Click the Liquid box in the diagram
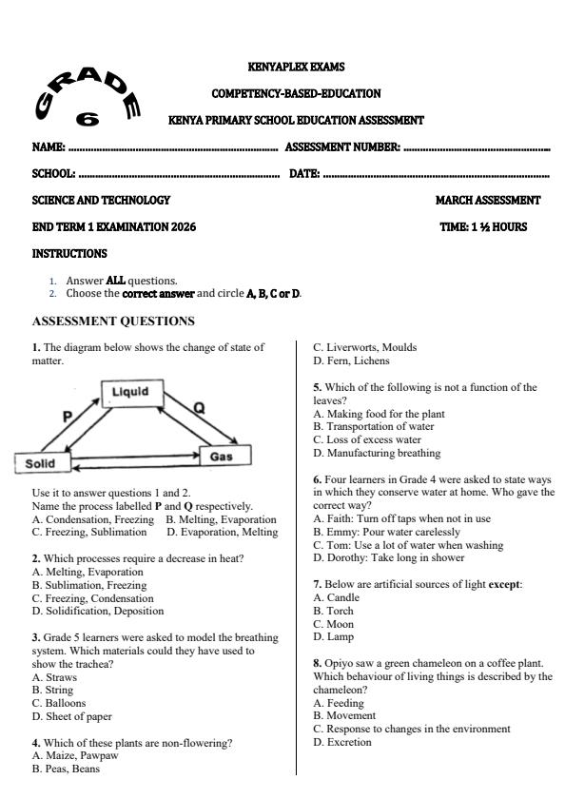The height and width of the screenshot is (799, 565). click(x=130, y=392)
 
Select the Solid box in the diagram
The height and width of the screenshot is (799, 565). click(x=39, y=463)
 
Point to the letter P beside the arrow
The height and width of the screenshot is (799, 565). click(x=68, y=416)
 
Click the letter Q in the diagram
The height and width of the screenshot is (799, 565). click(x=199, y=408)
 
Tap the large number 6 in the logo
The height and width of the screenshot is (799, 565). click(x=88, y=119)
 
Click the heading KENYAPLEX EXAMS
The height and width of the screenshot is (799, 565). click(x=296, y=68)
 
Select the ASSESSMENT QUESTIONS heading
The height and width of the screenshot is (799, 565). click(x=113, y=322)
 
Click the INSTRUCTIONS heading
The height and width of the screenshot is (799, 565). click(x=69, y=254)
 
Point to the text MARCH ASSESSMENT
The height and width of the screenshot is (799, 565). click(x=487, y=201)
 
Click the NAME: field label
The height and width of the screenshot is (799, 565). click(x=48, y=147)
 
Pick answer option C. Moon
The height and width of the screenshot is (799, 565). click(x=333, y=624)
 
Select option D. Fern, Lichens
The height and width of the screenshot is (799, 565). click(x=351, y=361)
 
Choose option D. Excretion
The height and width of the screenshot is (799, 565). click(x=342, y=742)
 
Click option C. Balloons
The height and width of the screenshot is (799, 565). click(x=59, y=704)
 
